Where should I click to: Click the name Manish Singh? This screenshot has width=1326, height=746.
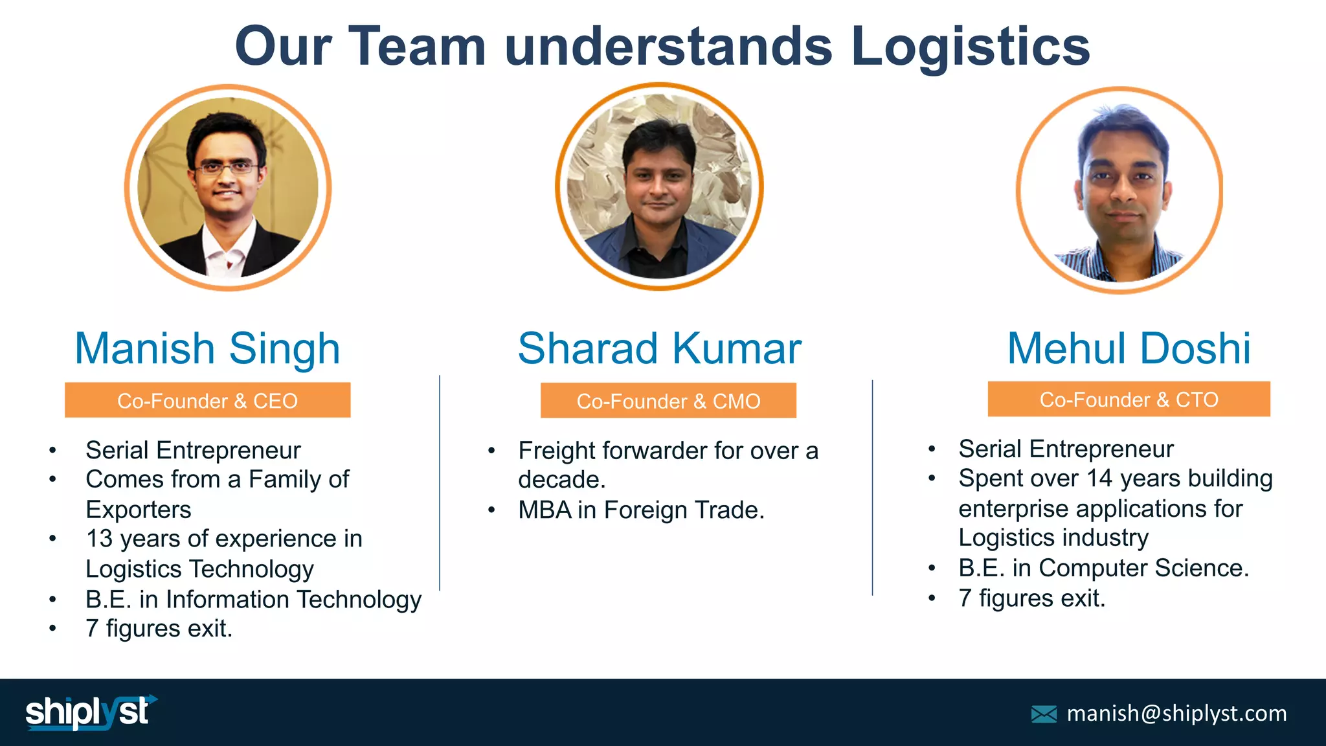pos(207,348)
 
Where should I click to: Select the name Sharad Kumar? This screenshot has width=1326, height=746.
pos(659,348)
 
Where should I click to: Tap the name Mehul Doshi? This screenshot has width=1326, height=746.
pos(1129,348)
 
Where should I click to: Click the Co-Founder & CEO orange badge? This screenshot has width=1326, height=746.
pos(207,400)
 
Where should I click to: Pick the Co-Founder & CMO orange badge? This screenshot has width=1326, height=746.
pos(668,401)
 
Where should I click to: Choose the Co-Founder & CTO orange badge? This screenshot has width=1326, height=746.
pos(1129,399)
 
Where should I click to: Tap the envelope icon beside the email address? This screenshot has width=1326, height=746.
pos(1044,714)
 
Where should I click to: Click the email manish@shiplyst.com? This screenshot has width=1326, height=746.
pos(1176,713)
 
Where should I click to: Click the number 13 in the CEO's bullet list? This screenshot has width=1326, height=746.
pos(99,539)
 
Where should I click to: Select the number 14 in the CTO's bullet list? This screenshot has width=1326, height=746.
pos(1099,479)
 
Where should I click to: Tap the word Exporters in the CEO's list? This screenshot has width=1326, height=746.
pos(139,510)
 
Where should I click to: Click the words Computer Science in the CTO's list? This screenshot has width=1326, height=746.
pos(1143,568)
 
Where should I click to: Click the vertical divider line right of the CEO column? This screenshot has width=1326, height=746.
pos(440,482)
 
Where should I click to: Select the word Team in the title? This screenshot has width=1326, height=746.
pos(417,47)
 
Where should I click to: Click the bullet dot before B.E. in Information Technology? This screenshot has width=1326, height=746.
pos(52,600)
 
